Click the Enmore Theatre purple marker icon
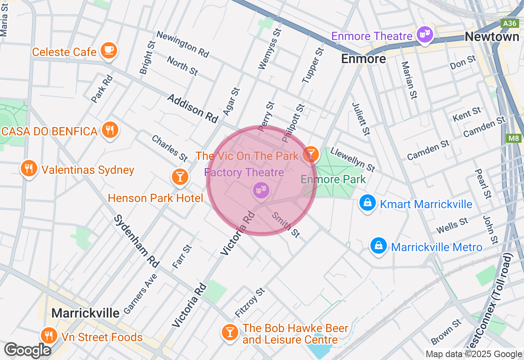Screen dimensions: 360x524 coord(425,34)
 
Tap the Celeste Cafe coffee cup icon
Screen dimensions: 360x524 coord(108,50)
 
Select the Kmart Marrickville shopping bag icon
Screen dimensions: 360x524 coord(368,203)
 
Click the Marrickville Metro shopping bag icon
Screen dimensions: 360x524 coord(379,246)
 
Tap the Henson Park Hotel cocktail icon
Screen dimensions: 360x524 coord(179,177)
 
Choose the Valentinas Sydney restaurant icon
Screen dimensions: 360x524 coord(29,169)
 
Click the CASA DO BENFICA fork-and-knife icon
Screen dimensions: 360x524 coord(109,130)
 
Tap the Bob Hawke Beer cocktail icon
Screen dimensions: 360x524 coord(230,332)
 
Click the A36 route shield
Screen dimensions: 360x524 coord(510,23)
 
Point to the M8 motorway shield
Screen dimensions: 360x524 coord(514,138)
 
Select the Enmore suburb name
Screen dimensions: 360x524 coord(364,59)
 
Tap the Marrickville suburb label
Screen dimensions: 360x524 coord(86,313)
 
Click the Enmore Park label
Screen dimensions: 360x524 coord(333,179)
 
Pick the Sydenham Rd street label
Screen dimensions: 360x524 coord(136,241)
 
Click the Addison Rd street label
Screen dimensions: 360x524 coord(192,108)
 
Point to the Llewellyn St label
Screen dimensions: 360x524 coord(352,159)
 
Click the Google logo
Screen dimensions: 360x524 coord(28,350)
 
